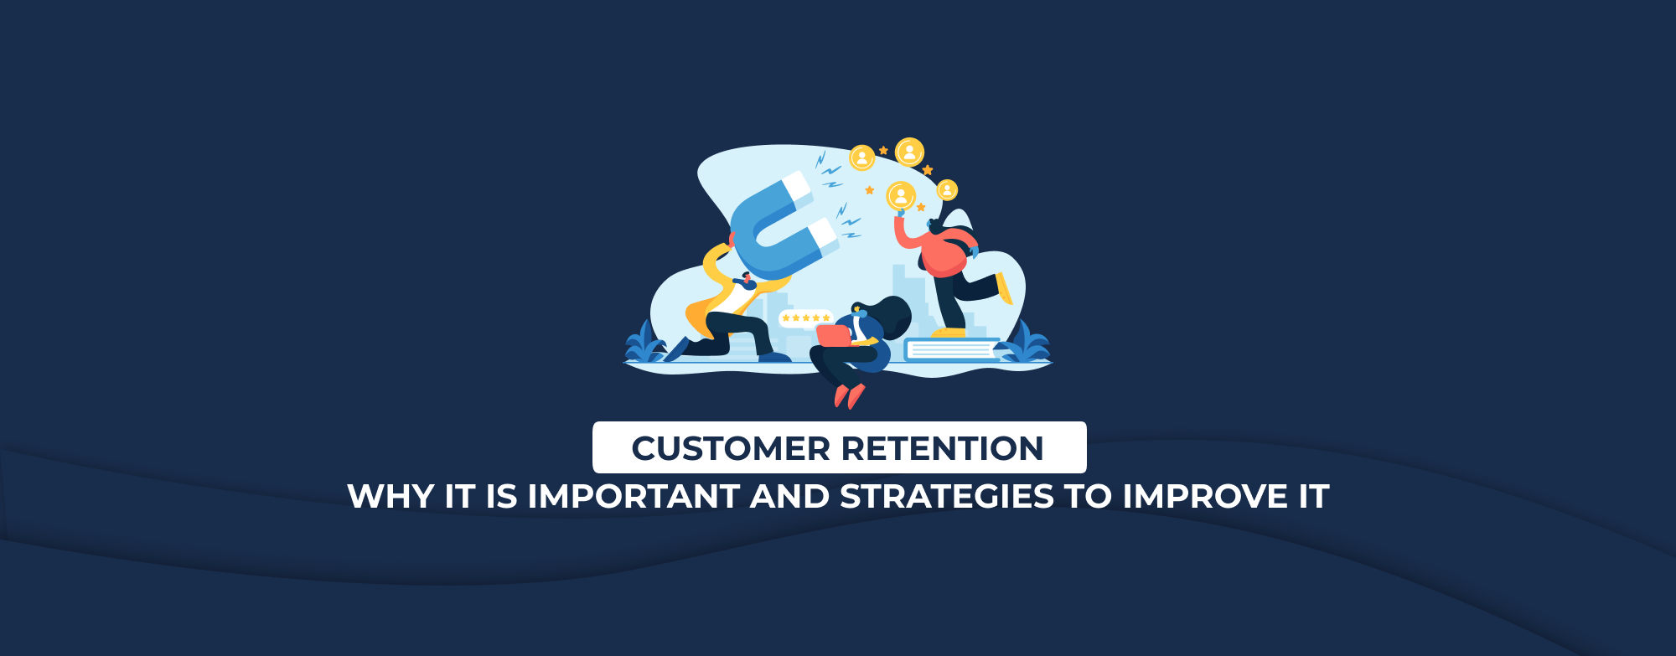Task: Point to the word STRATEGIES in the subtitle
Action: (x=947, y=497)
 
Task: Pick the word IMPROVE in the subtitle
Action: (x=1205, y=497)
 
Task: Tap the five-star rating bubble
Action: (x=805, y=318)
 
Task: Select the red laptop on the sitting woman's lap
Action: (x=835, y=336)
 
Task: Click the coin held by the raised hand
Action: (x=901, y=196)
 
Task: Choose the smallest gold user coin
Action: (x=947, y=190)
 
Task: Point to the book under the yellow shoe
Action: (x=952, y=349)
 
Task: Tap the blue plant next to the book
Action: (x=1027, y=342)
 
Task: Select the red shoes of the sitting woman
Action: (x=848, y=396)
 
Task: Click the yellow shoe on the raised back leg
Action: (x=1004, y=288)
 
